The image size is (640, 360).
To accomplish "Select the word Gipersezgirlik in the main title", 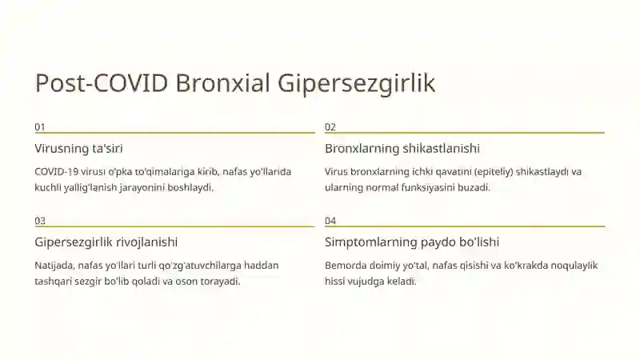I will click(x=357, y=83).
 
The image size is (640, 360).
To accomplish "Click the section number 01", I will click(x=40, y=127).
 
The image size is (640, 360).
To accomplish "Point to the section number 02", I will click(x=330, y=127).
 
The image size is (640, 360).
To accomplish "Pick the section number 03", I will click(x=40, y=221).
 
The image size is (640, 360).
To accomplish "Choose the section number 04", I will click(x=330, y=221).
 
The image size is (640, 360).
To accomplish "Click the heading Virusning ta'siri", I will click(x=78, y=149).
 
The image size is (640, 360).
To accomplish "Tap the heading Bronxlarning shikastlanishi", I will click(x=402, y=149).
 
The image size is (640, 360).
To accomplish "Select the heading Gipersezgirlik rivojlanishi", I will click(x=106, y=242).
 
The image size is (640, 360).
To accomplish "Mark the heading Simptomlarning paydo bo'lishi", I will click(x=412, y=242).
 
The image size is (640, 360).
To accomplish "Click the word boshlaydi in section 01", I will click(x=191, y=187).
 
